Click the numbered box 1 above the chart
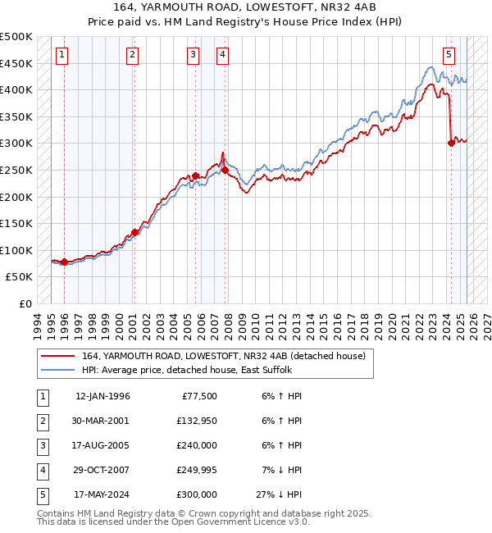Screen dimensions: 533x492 click(63, 55)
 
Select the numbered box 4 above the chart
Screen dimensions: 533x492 click(222, 55)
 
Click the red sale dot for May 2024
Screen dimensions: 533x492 click(451, 143)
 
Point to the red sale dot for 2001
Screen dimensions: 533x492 click(134, 232)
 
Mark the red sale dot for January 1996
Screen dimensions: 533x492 click(64, 262)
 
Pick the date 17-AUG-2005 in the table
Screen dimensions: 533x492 click(102, 445)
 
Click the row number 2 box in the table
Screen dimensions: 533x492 click(41, 421)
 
